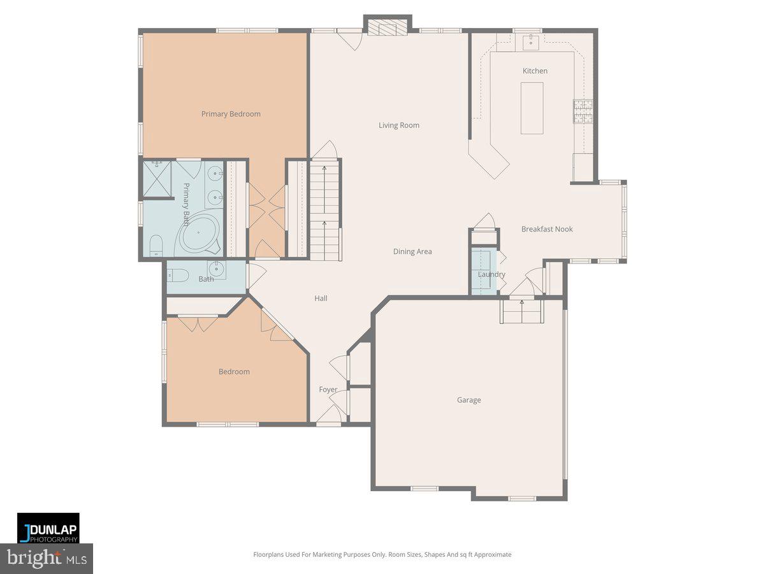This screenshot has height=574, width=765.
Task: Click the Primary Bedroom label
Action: click(x=231, y=114)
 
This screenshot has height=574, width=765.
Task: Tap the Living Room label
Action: click(x=399, y=126)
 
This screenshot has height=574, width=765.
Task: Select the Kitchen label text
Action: click(x=535, y=71)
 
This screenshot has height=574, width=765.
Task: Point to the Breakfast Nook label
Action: click(x=547, y=229)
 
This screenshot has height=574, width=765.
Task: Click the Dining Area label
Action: click(x=412, y=252)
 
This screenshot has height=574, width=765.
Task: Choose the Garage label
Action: click(x=469, y=401)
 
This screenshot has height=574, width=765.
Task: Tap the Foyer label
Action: click(x=328, y=390)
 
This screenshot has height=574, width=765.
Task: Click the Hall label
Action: click(x=321, y=298)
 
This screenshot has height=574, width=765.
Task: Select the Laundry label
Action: click(x=492, y=275)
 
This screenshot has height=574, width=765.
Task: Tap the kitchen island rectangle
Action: click(x=532, y=108)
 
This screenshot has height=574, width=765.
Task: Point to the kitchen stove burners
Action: click(x=583, y=111)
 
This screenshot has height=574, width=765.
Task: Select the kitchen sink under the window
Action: click(x=530, y=43)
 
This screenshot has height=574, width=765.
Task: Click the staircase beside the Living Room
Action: click(x=325, y=210)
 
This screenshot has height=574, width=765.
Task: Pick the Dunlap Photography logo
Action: click(x=48, y=528)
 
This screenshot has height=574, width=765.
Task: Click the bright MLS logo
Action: click(x=47, y=559)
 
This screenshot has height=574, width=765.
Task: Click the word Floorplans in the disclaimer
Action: click(x=270, y=555)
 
